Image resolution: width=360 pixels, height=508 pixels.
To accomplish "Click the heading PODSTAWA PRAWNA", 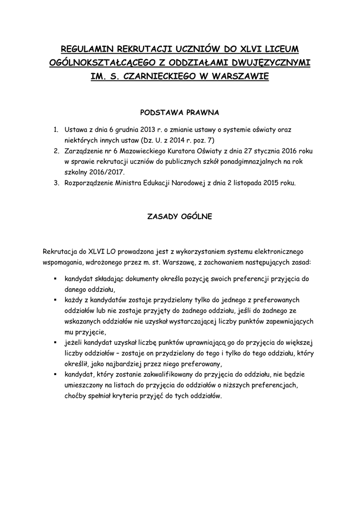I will pos(180,112).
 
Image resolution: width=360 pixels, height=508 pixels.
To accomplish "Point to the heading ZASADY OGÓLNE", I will pos(180,216).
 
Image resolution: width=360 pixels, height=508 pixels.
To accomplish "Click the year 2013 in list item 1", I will pos(149,130).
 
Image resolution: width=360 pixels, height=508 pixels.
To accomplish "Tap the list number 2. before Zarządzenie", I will pos(56,151).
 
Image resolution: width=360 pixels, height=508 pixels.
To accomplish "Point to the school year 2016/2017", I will pos(106,172).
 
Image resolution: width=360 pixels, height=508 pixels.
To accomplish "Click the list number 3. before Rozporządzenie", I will pos(56,183).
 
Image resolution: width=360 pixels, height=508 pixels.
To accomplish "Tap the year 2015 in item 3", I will pos(275,183).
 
